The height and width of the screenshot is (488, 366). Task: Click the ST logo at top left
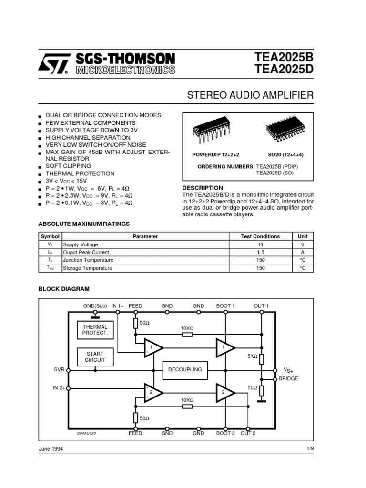point(54,63)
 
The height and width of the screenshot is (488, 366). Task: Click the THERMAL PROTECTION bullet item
point(80,173)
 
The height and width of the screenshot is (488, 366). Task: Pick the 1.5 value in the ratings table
point(260,252)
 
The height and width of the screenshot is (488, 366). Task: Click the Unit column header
point(303,236)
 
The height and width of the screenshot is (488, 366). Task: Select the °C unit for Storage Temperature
point(303,268)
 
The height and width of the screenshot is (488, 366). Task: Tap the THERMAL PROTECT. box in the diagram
point(95,330)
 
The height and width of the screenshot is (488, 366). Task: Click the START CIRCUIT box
point(95,357)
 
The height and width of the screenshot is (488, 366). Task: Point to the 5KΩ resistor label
point(252,356)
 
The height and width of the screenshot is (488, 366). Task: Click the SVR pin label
point(59,370)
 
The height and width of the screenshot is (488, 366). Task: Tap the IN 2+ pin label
point(59,388)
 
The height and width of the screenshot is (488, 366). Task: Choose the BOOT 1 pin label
point(225,306)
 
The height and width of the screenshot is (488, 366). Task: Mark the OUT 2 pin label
point(248,433)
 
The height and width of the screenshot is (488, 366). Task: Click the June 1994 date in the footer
point(50,449)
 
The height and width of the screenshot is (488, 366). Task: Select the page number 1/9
point(310,449)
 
